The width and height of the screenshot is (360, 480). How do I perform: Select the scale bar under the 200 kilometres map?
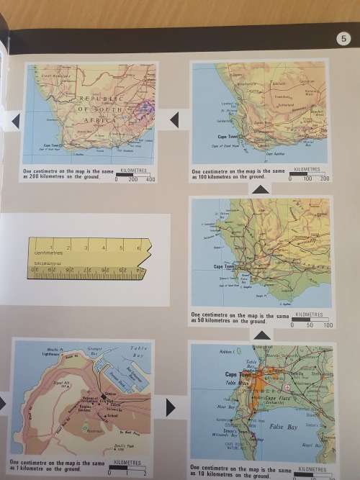135,174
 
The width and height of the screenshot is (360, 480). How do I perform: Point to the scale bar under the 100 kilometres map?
307,173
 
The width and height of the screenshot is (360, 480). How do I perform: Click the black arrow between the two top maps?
174,119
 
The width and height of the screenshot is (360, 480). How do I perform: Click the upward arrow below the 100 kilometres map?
260,189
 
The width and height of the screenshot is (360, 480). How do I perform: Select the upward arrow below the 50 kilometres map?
260,335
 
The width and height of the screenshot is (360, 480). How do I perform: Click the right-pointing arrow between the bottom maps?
170,408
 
